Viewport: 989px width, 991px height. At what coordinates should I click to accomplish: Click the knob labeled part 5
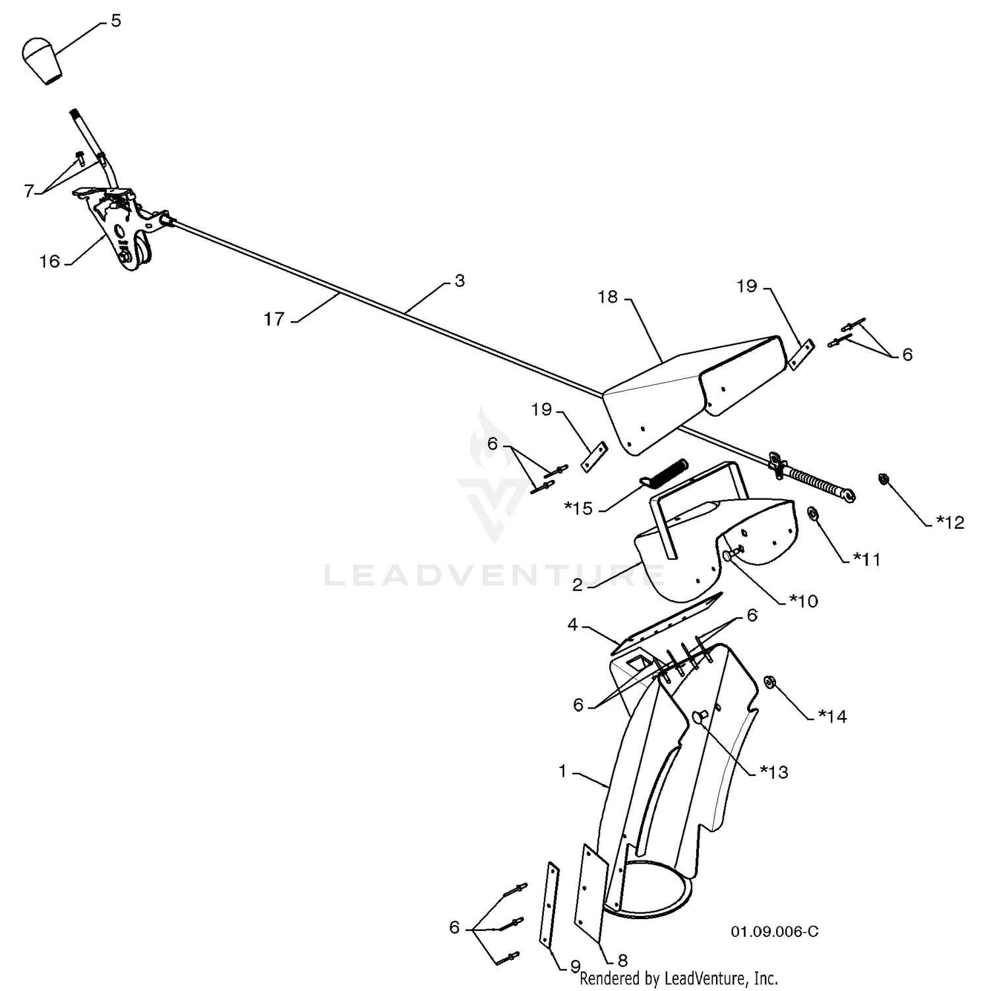point(42,61)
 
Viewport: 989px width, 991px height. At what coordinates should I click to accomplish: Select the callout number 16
point(49,262)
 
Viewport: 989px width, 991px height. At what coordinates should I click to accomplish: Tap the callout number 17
point(274,319)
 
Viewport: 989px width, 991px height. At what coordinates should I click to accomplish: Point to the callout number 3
point(460,281)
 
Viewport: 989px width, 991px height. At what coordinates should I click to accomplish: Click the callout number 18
point(608,297)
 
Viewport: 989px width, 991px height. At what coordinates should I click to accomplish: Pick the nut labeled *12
point(882,479)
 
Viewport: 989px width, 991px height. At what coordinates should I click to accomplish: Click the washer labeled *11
point(814,512)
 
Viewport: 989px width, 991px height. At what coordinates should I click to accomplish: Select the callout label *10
point(803,601)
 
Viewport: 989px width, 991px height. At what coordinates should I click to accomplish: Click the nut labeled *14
point(768,682)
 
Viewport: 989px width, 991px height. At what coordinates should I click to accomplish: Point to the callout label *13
point(774,771)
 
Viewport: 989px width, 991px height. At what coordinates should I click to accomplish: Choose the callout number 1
point(562,770)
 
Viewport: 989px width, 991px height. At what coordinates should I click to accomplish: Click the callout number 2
point(578,585)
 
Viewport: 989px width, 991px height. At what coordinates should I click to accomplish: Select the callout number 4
point(573,624)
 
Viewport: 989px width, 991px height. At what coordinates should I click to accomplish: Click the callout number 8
point(622,960)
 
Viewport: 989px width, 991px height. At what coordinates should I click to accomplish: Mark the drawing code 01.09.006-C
point(775,931)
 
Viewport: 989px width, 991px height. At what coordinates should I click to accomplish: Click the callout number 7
point(28,191)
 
